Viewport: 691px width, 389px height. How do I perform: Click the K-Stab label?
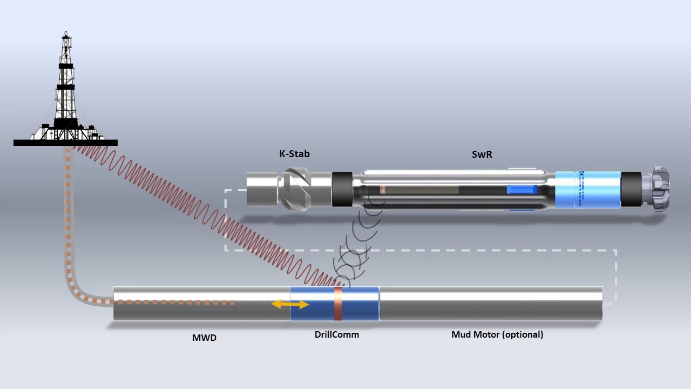click(x=294, y=154)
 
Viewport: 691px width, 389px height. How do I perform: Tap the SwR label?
click(x=482, y=154)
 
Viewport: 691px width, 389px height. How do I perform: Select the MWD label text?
click(x=205, y=338)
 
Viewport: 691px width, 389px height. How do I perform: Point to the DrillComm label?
click(x=336, y=334)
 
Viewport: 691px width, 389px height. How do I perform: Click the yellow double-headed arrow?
click(x=290, y=305)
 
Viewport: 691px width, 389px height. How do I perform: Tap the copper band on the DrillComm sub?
click(x=338, y=304)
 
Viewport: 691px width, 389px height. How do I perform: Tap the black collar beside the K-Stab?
click(x=342, y=189)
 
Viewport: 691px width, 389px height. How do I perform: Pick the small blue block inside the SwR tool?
click(x=521, y=190)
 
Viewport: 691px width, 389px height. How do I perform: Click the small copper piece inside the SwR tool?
click(x=383, y=190)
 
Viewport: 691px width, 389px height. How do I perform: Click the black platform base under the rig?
click(x=65, y=143)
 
